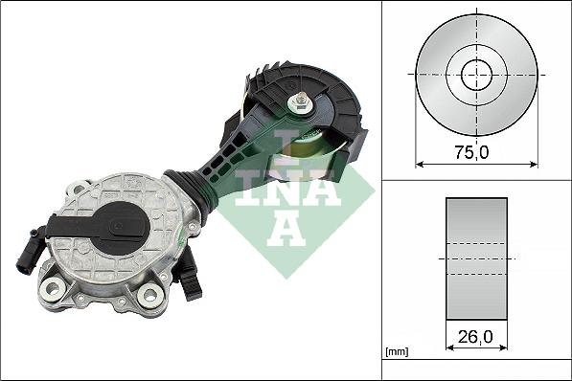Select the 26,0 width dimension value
(477, 336)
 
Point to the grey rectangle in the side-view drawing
(477, 258)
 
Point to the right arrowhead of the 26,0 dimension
(505, 350)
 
